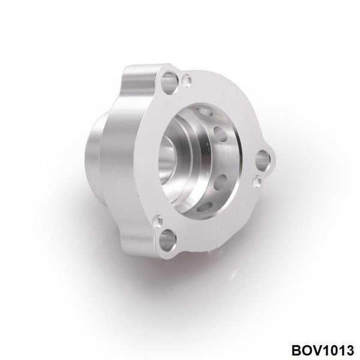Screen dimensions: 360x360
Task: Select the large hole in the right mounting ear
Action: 262,159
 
